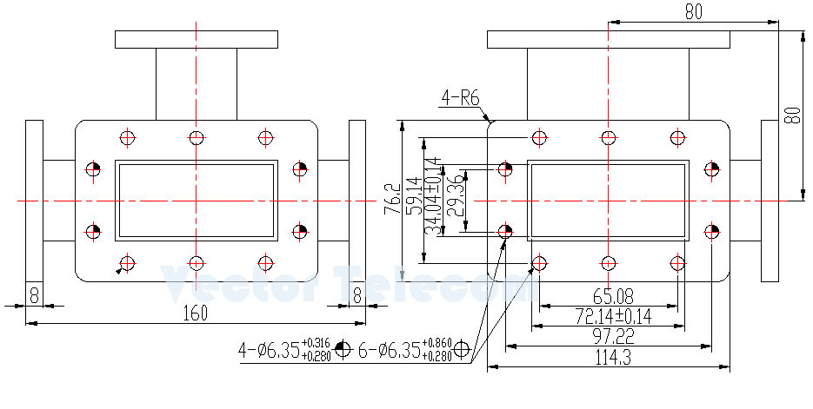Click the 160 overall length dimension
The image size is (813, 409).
[x=197, y=313]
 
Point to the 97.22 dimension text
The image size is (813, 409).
[x=608, y=335]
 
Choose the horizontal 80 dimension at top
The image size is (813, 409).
[x=693, y=11]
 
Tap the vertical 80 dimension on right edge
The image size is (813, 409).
[x=792, y=115]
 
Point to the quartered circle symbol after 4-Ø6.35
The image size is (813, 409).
[x=343, y=349]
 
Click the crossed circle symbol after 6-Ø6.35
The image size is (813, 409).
[x=462, y=349]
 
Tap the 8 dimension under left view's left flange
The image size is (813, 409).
[x=33, y=294]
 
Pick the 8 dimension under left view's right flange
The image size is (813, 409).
[x=357, y=294]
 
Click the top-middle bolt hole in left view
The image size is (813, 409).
[x=197, y=137]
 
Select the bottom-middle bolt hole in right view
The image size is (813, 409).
[x=608, y=262]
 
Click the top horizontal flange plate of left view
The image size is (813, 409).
[x=197, y=39]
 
